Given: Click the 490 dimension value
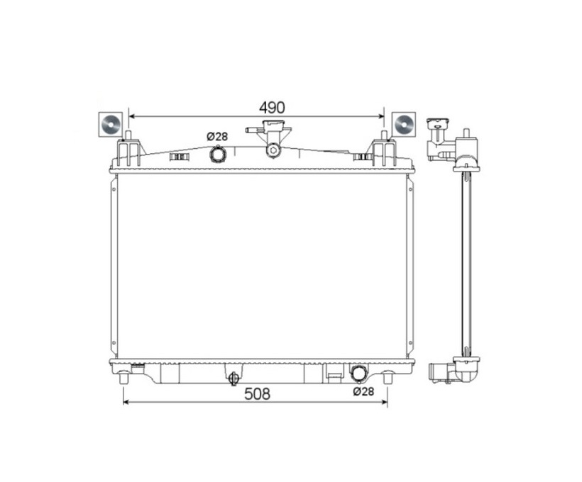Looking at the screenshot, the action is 272,108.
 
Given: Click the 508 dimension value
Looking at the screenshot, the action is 257,394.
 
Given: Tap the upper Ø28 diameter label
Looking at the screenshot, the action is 217,137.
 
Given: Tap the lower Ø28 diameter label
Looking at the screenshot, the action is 363,391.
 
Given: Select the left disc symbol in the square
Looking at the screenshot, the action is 111,124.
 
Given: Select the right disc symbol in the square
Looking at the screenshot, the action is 404,124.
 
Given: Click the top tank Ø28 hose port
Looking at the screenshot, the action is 217,154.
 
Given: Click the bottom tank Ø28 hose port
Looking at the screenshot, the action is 359,373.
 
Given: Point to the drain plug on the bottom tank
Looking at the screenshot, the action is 234,379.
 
